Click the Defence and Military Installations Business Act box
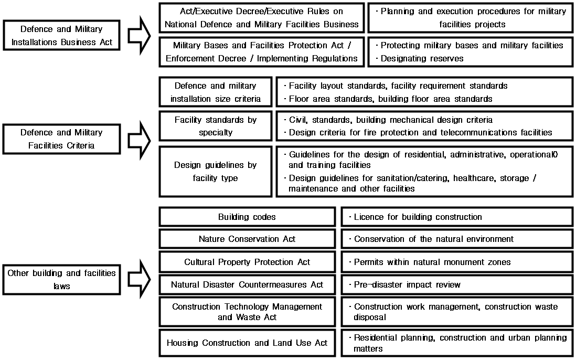(61, 35)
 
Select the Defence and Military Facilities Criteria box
(61, 139)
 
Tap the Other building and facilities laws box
(61, 280)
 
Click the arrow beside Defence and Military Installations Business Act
(139, 35)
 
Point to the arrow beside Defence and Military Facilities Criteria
(139, 140)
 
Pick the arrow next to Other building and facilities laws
(139, 279)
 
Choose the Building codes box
(247, 217)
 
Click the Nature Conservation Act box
(247, 239)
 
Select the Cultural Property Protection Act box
(247, 262)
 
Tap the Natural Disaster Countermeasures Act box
(247, 284)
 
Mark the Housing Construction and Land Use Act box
(247, 343)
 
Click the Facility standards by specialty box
(216, 126)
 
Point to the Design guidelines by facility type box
(216, 172)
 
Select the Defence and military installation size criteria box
(216, 92)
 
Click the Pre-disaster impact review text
(407, 284)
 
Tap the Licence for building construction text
(418, 217)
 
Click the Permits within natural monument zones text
(432, 262)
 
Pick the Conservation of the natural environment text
(434, 239)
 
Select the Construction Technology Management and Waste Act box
(247, 312)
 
